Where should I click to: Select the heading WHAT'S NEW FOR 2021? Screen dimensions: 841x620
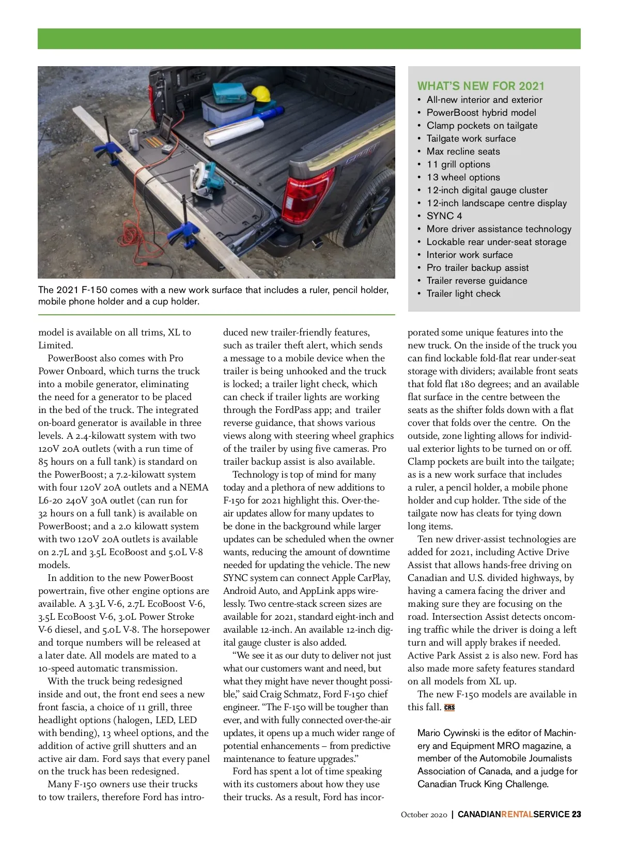pos(481,86)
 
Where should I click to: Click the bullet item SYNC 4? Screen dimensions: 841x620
pos(444,216)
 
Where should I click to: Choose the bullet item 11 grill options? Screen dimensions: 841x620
pos(458,164)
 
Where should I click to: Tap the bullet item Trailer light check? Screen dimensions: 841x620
pos(463,294)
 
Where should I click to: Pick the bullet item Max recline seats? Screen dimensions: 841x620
pos(463,151)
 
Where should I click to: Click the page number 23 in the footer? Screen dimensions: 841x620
pos(576,815)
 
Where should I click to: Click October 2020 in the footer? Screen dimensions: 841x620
pos(424,815)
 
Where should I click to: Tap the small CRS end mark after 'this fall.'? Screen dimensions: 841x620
pos(450,708)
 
